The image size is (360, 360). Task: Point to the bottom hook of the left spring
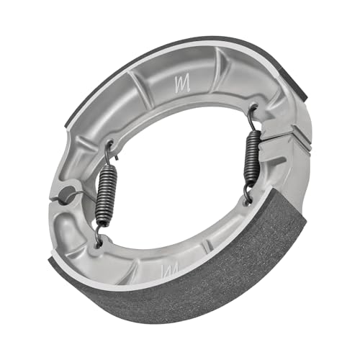(x=99, y=234)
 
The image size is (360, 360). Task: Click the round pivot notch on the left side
(x=67, y=192)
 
